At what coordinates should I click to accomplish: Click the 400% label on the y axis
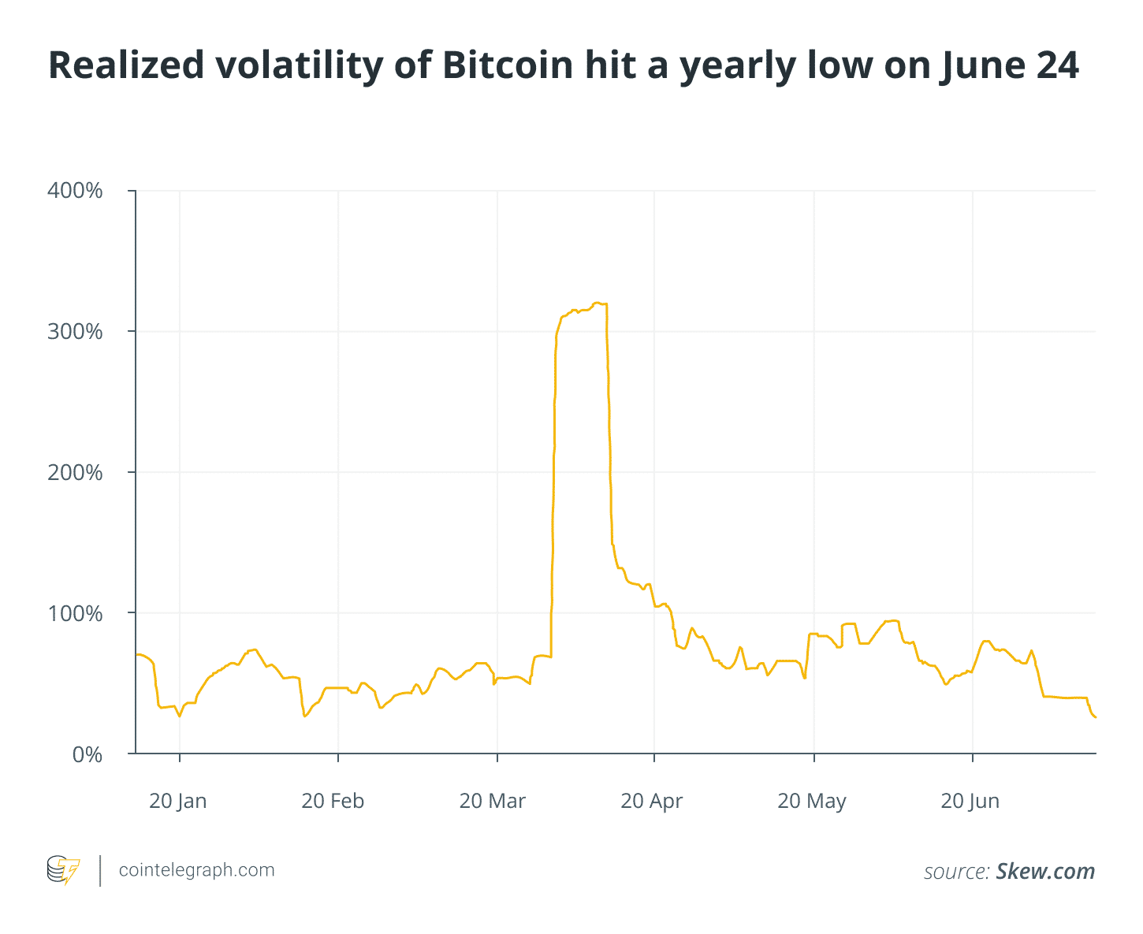[x=76, y=191]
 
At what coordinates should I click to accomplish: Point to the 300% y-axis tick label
[x=76, y=332]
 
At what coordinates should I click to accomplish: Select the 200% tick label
[x=76, y=473]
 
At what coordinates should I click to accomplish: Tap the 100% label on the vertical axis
[x=76, y=613]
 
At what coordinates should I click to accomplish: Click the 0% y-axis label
[x=87, y=754]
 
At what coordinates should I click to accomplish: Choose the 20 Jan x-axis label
[x=177, y=801]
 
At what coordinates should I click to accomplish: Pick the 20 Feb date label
[x=333, y=801]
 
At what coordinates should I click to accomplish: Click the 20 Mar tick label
[x=492, y=801]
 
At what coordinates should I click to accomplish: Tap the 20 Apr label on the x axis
[x=651, y=801]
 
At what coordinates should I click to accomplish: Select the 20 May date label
[x=811, y=801]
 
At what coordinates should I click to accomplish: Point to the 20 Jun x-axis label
[x=970, y=801]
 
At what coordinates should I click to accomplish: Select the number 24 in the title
[x=1056, y=65]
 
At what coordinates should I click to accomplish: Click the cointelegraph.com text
[x=196, y=870]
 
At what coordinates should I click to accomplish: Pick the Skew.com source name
[x=1045, y=871]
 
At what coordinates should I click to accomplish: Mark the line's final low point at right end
[x=1094, y=716]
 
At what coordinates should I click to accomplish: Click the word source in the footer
[x=956, y=872]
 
